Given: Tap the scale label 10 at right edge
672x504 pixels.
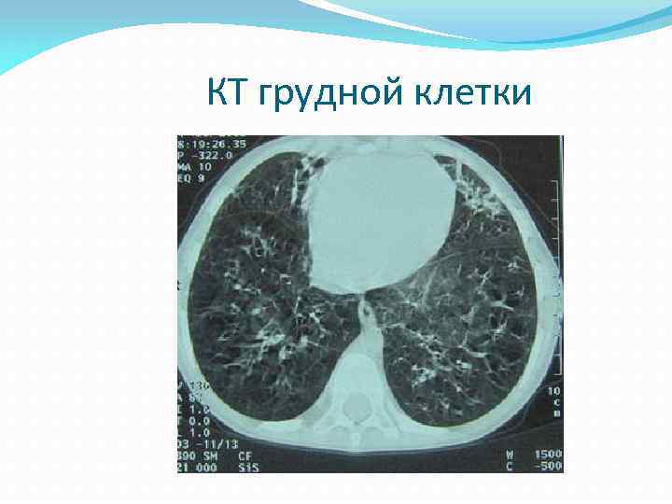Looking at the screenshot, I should tap(553, 390).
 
